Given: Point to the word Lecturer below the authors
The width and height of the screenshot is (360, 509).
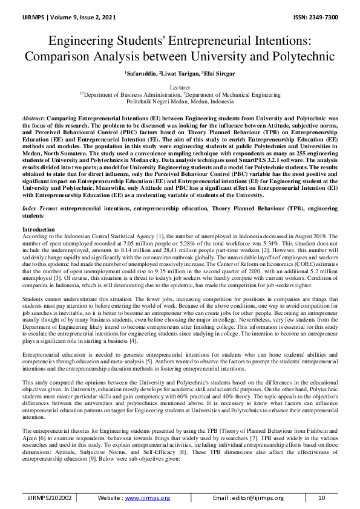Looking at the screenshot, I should [180, 88].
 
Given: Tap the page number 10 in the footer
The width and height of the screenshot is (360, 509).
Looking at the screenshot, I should [322, 498].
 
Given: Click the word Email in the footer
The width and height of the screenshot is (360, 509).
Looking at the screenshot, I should [224, 498].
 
